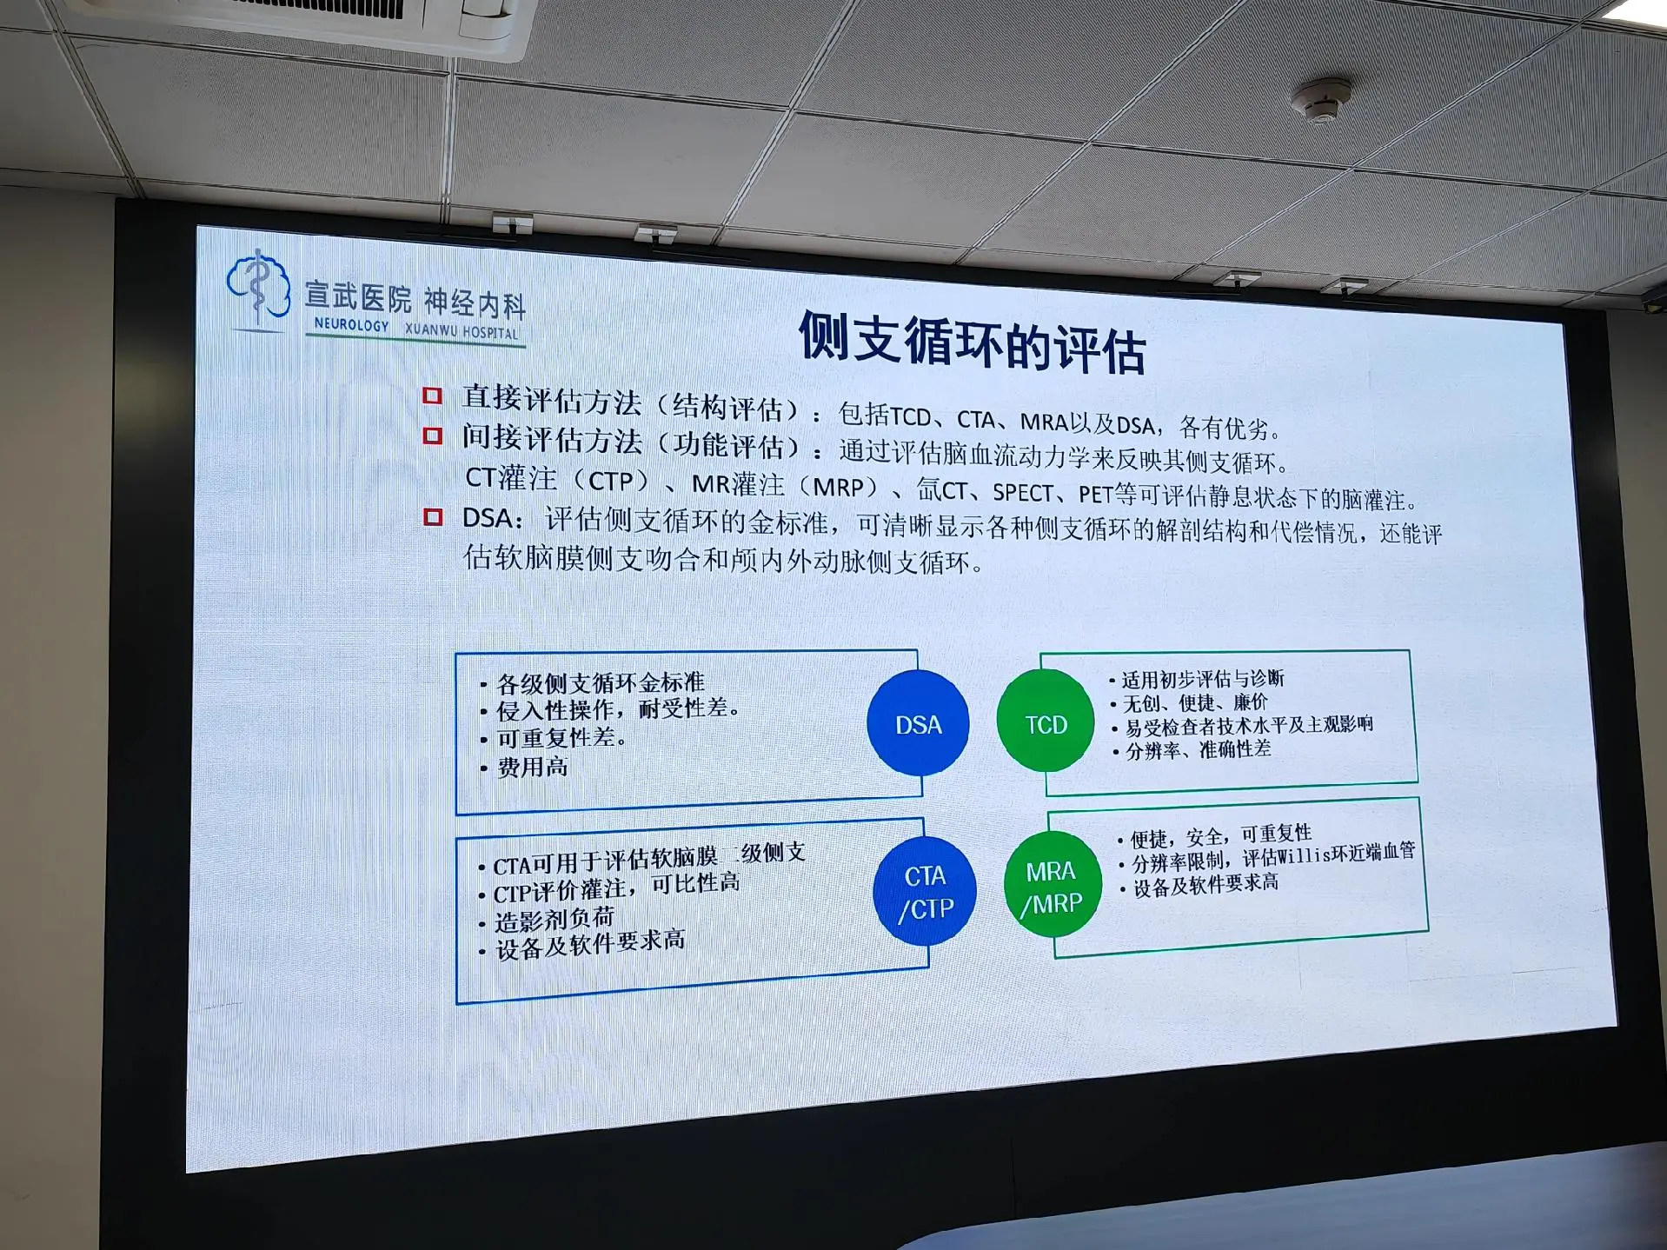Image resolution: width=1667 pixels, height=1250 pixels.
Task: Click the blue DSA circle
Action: pos(918,723)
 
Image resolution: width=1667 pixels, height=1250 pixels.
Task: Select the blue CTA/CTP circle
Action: pos(926,891)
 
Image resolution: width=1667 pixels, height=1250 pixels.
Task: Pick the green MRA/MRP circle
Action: pos(1053,885)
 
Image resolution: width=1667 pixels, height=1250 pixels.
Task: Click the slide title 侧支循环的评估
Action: pos(973,342)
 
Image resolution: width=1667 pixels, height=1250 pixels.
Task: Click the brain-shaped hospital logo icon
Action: pos(258,287)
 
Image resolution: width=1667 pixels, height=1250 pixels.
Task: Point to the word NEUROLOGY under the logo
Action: pos(352,324)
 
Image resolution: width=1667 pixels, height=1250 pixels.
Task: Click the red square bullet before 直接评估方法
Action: pos(432,396)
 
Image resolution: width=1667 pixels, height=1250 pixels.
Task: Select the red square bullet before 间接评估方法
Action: pos(432,435)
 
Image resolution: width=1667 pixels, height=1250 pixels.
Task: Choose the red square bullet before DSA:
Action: pos(432,517)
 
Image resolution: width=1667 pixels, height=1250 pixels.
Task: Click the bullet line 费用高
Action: pos(532,767)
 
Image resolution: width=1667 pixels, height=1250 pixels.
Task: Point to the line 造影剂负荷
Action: pos(555,919)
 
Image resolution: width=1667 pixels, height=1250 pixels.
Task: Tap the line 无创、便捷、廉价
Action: pos(1195,702)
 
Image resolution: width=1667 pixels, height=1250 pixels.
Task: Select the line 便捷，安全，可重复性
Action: pos(1220,836)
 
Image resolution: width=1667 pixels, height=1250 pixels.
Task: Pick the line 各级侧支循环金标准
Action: pos(601,683)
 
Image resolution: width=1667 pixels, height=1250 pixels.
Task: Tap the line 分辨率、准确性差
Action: pos(1199,749)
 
